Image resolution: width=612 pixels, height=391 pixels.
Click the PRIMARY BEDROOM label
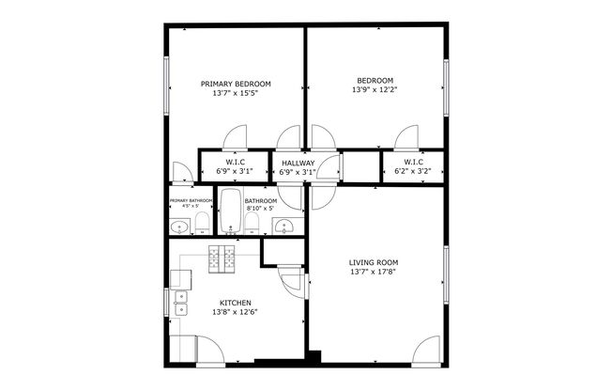[235, 84]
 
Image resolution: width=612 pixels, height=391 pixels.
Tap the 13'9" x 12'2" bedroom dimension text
[375, 90]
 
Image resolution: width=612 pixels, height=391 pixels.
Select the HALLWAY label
[298, 163]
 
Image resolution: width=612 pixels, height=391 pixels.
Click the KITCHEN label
[235, 303]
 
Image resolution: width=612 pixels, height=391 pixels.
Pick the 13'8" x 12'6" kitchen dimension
[235, 312]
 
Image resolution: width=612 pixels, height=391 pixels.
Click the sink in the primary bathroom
[178, 226]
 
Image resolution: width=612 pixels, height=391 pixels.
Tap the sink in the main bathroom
[284, 226]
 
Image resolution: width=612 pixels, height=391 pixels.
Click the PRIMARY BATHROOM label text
[191, 200]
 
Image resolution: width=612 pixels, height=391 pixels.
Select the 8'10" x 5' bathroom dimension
[260, 209]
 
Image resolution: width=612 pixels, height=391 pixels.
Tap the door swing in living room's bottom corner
[429, 349]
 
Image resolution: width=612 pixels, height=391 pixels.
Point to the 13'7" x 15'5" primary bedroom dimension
[235, 93]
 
